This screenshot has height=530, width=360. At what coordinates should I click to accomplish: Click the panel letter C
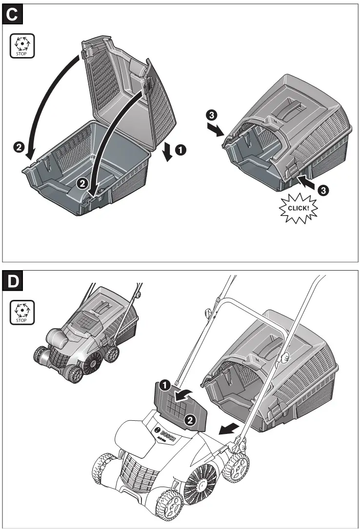(13, 15)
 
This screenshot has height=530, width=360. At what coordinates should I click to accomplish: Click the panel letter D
(13, 281)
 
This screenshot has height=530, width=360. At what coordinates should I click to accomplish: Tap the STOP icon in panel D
(22, 312)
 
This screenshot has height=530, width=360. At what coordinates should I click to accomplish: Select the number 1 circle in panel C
(180, 151)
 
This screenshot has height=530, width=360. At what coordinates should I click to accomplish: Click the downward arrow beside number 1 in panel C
(167, 152)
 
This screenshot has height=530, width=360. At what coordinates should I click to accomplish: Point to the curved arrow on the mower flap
(184, 395)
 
